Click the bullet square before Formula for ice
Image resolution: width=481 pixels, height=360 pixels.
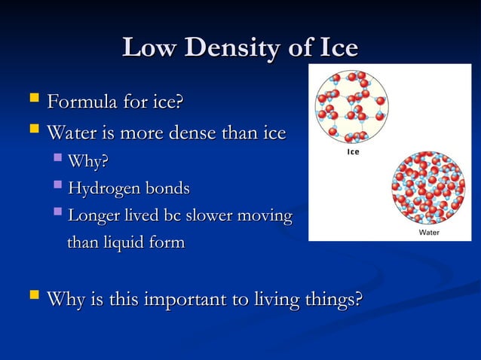32,99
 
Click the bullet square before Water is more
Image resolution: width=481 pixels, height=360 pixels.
32,133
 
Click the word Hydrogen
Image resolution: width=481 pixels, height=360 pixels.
104,188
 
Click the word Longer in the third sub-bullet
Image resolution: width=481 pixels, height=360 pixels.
93,215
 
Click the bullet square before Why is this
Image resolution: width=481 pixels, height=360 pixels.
32,299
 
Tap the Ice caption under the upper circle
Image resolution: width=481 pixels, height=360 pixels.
353,152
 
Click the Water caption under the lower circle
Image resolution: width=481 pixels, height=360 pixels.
428,233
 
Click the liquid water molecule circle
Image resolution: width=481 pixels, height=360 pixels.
427,188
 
